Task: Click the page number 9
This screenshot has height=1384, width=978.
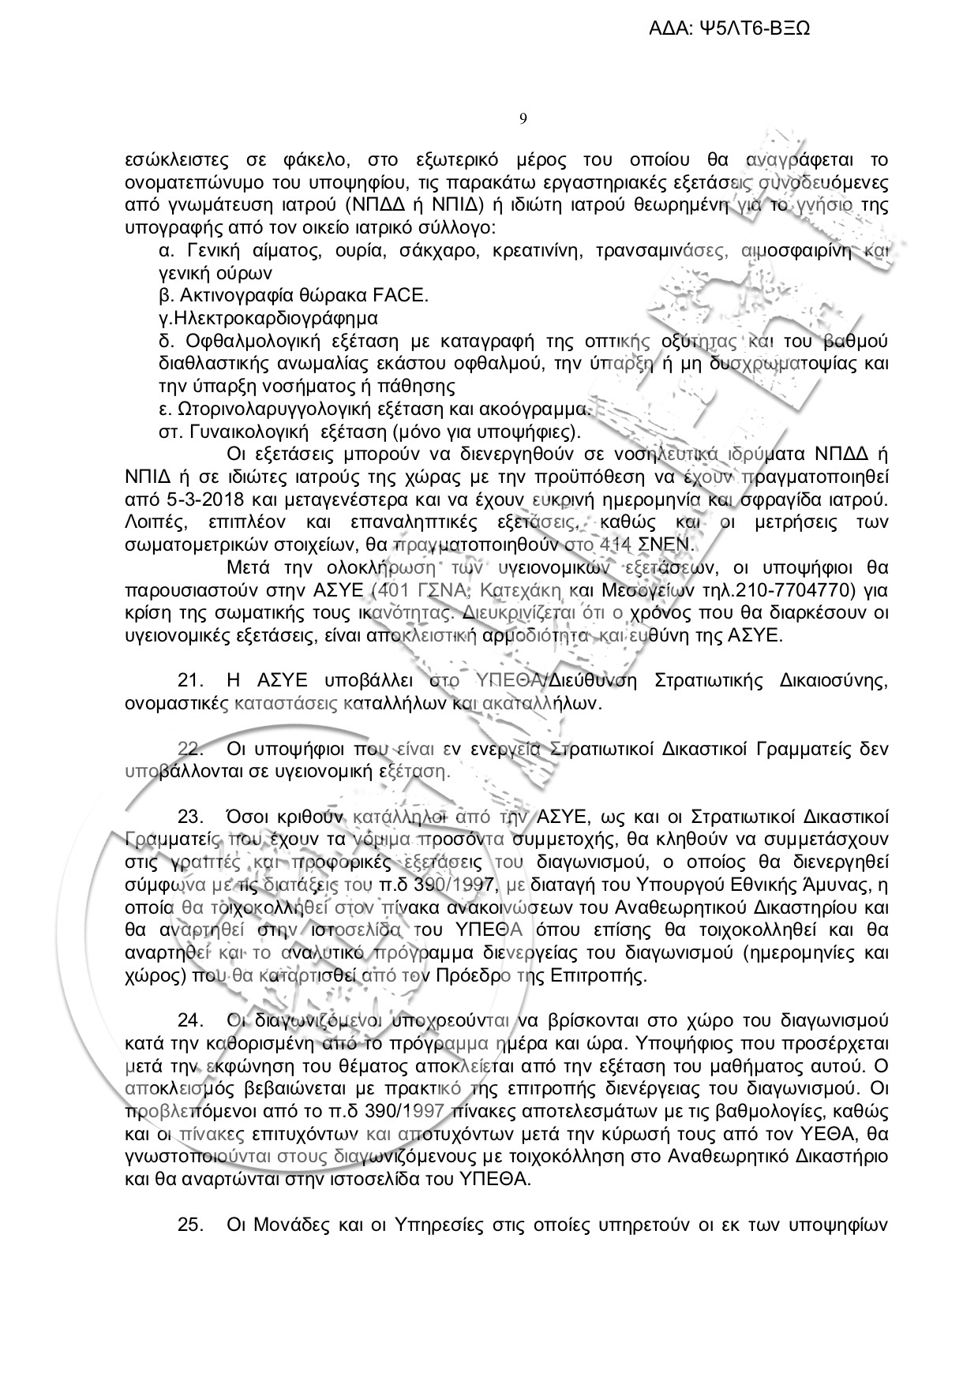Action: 523,119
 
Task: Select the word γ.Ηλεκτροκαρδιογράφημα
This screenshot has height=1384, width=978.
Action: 268,319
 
